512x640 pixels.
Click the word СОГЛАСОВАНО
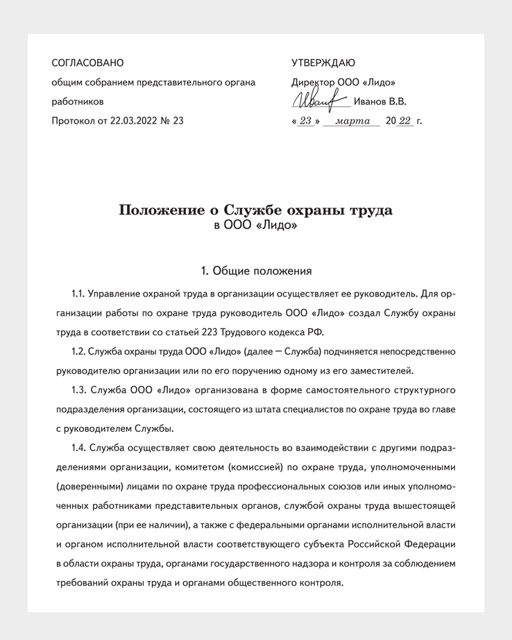tap(87, 63)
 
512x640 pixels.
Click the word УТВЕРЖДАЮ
tap(323, 63)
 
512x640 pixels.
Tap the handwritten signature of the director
tap(320, 101)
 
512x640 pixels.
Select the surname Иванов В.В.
tap(380, 101)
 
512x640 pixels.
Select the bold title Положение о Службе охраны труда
tap(255, 210)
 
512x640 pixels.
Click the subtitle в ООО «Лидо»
tap(255, 226)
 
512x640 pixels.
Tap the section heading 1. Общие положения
tap(255, 270)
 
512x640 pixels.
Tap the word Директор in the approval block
tap(313, 82)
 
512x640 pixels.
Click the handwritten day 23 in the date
tap(305, 121)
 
